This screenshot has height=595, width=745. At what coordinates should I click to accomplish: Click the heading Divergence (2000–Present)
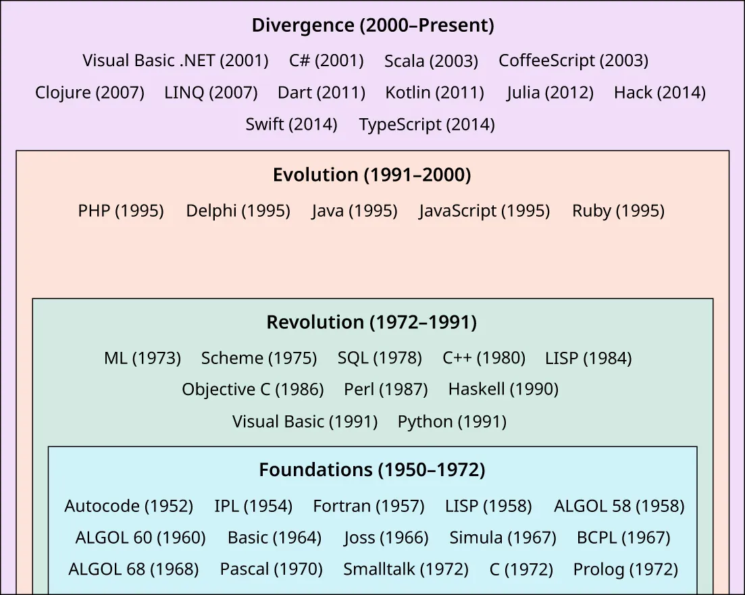tap(372, 26)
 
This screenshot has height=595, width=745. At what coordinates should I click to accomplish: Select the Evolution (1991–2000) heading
tap(371, 175)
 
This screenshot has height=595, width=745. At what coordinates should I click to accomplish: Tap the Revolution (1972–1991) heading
tap(371, 323)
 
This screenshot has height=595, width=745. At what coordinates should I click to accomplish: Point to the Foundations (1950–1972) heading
tap(371, 470)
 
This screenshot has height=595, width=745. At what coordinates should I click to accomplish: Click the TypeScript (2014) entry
tap(426, 125)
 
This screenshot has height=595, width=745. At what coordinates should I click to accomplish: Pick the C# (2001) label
tap(326, 61)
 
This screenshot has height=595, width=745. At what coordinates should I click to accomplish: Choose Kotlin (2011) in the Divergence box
tap(434, 93)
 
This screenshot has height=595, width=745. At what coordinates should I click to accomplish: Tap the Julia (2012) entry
tap(550, 93)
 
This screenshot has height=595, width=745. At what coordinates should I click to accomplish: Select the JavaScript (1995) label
tap(484, 211)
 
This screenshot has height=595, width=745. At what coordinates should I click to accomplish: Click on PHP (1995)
tap(121, 211)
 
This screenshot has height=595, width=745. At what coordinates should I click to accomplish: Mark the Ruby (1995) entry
tap(618, 211)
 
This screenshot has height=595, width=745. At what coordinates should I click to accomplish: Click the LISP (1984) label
tap(588, 358)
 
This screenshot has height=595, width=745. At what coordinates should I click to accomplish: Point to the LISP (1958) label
tap(488, 506)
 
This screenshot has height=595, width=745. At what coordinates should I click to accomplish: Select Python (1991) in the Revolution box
tap(452, 422)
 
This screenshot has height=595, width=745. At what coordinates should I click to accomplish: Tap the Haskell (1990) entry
tap(503, 390)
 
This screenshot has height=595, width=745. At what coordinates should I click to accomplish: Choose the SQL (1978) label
tap(380, 358)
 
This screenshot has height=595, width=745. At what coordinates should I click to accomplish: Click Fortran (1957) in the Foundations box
tap(368, 506)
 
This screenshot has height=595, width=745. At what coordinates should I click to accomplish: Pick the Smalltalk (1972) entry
tap(405, 569)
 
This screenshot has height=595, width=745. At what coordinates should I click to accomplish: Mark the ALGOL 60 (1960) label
tap(140, 538)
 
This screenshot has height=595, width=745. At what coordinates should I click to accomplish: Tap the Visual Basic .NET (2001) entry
tap(176, 61)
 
